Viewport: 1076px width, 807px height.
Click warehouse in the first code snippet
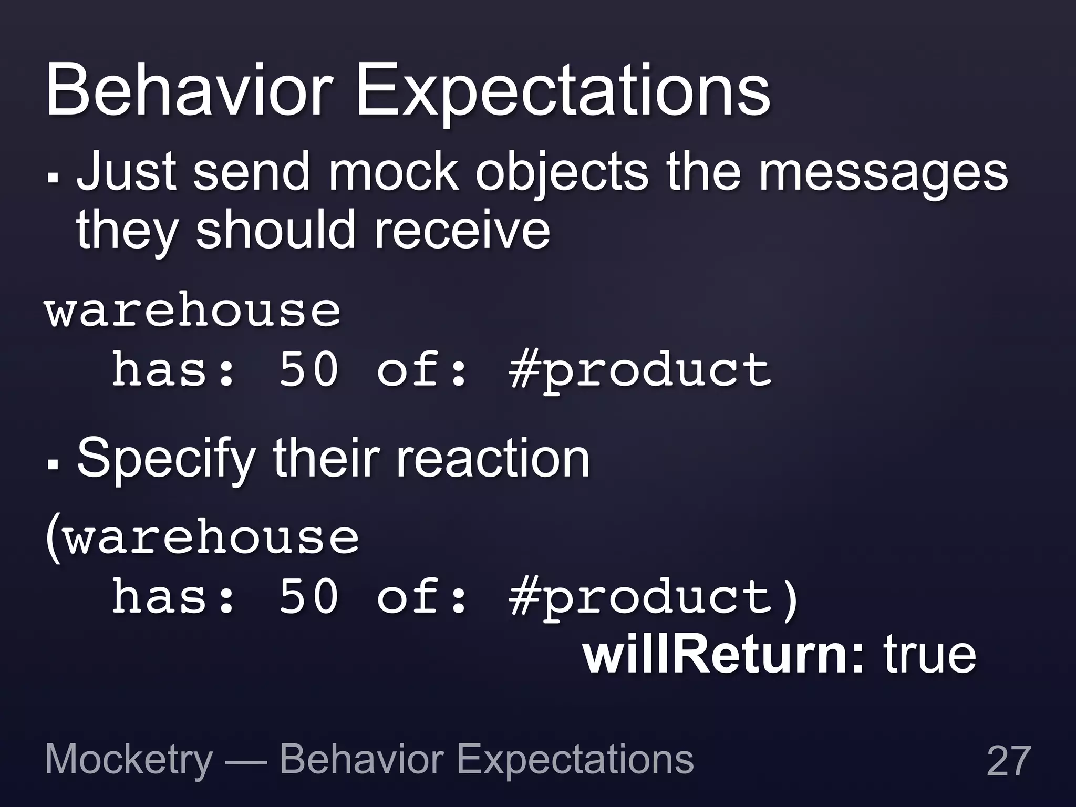[x=193, y=311]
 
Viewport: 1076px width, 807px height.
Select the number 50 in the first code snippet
[x=309, y=370]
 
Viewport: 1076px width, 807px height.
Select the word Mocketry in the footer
[x=129, y=760]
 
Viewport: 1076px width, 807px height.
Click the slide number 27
[x=1008, y=761]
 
